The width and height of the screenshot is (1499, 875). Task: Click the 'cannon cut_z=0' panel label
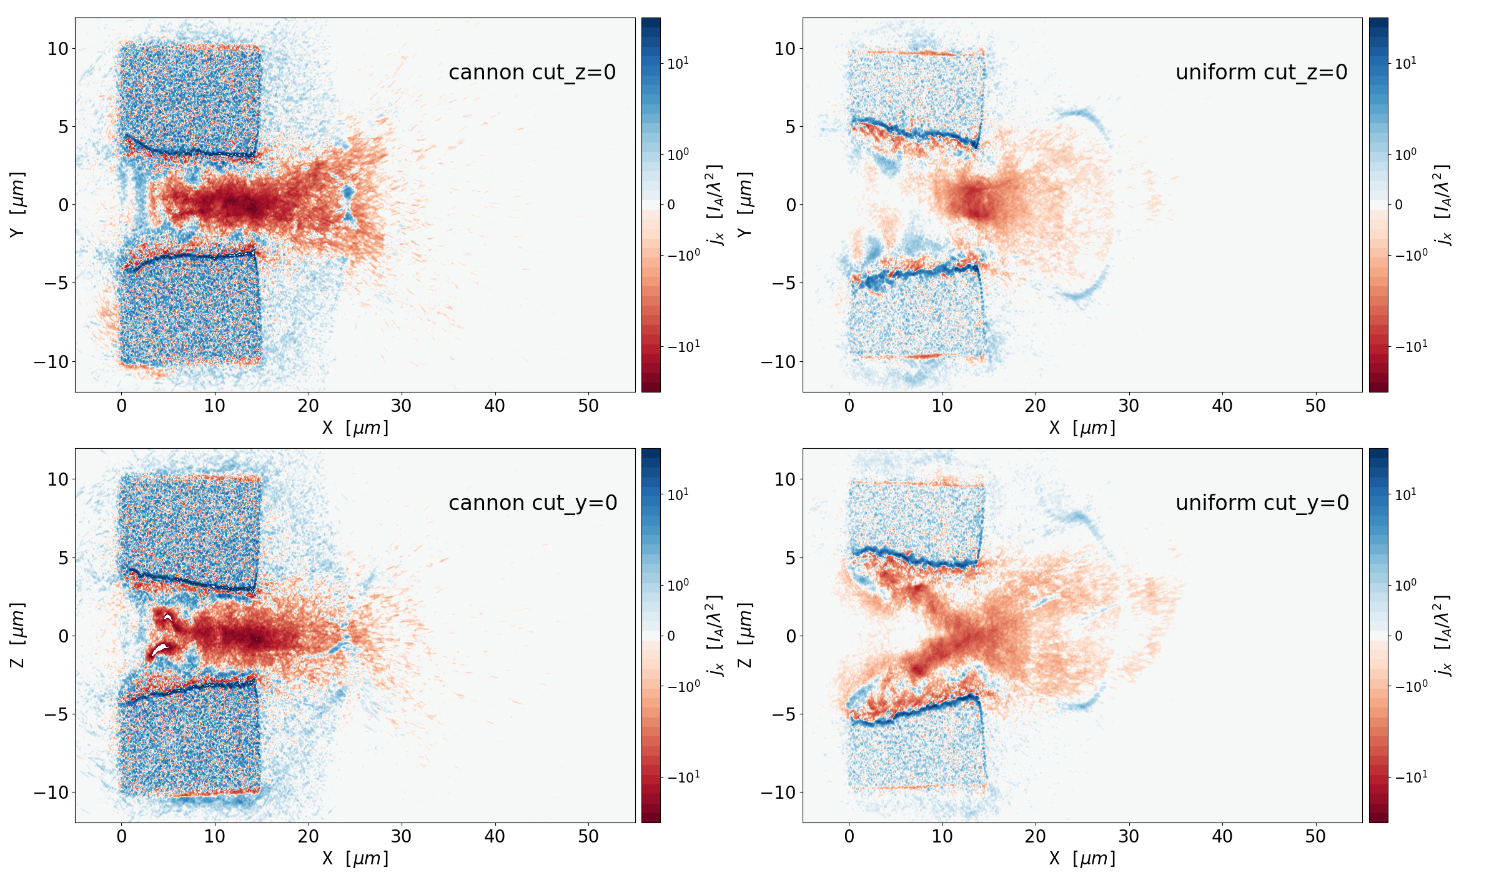[x=532, y=72]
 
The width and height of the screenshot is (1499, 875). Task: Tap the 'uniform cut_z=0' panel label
[x=1261, y=72]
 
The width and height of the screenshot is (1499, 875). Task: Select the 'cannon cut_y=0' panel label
[x=533, y=503]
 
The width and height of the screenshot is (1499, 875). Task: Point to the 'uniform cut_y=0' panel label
[x=1262, y=503]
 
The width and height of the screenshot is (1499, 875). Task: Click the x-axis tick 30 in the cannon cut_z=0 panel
[x=401, y=406]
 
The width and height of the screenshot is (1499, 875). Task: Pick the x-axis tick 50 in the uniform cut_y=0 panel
[x=1315, y=837]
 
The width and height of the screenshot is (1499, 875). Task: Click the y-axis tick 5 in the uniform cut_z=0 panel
[x=791, y=127]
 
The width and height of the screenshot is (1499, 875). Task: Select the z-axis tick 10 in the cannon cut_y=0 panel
[x=58, y=479]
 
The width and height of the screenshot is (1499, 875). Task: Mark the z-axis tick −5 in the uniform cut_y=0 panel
[x=783, y=714]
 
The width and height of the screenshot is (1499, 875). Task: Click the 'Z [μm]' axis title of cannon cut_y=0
[x=17, y=635]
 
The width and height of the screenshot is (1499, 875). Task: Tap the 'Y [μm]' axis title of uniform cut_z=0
[x=745, y=204]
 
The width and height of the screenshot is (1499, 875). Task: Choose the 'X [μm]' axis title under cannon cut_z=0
[x=355, y=428]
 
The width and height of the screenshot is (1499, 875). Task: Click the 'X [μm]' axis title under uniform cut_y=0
[x=1082, y=859]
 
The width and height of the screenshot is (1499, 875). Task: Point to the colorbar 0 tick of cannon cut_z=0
[x=671, y=205]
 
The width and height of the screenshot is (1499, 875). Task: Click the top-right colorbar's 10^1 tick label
[x=1405, y=63]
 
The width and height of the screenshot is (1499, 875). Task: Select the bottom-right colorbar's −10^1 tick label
[x=1411, y=777]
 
